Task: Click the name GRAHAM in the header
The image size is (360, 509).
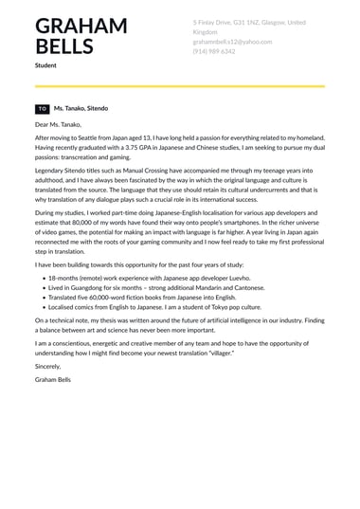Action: pyautogui.click(x=81, y=25)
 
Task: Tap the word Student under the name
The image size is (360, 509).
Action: pyautogui.click(x=45, y=65)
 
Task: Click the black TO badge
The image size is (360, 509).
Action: pyautogui.click(x=42, y=110)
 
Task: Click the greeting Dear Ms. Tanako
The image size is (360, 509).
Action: pyautogui.click(x=58, y=124)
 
